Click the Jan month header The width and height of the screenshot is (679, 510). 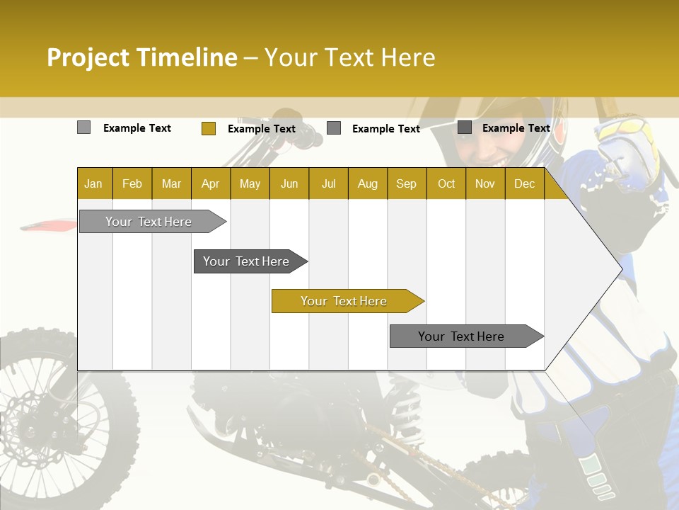(x=93, y=183)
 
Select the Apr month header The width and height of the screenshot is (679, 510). (x=210, y=183)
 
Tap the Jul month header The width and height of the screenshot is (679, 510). (x=328, y=183)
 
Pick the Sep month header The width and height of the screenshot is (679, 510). (x=406, y=183)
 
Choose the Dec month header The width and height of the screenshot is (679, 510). (x=524, y=183)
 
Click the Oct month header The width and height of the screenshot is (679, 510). (x=446, y=183)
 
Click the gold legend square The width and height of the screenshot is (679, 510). (x=208, y=128)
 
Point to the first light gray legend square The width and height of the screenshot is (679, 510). (x=83, y=127)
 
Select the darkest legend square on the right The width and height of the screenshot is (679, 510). (x=465, y=127)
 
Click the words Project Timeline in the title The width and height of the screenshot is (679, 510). (x=141, y=57)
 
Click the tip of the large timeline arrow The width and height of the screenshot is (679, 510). (x=621, y=268)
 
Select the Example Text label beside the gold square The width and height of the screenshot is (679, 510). (x=261, y=128)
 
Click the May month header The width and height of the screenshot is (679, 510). (x=250, y=183)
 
